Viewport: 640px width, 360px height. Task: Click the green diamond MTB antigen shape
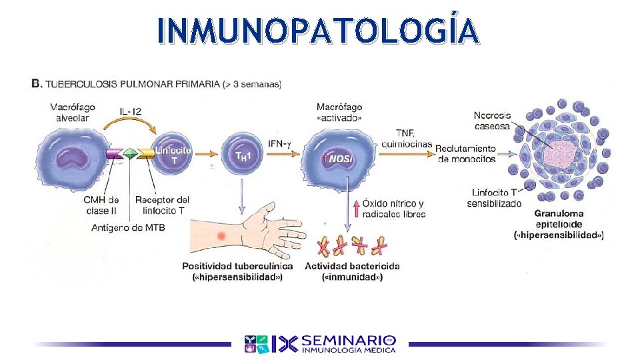pos(130,153)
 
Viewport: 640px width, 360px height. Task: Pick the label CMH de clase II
pos(101,205)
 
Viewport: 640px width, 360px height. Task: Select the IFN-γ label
pos(281,143)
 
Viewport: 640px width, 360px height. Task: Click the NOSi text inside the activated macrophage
pos(341,159)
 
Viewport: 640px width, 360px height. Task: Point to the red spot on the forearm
pos(221,236)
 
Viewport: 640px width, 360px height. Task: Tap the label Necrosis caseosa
pos(492,120)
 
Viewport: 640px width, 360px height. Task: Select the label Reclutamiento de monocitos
pos(467,153)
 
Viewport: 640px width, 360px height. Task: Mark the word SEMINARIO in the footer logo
pos(348,339)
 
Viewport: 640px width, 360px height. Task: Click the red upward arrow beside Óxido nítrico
pos(356,208)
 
